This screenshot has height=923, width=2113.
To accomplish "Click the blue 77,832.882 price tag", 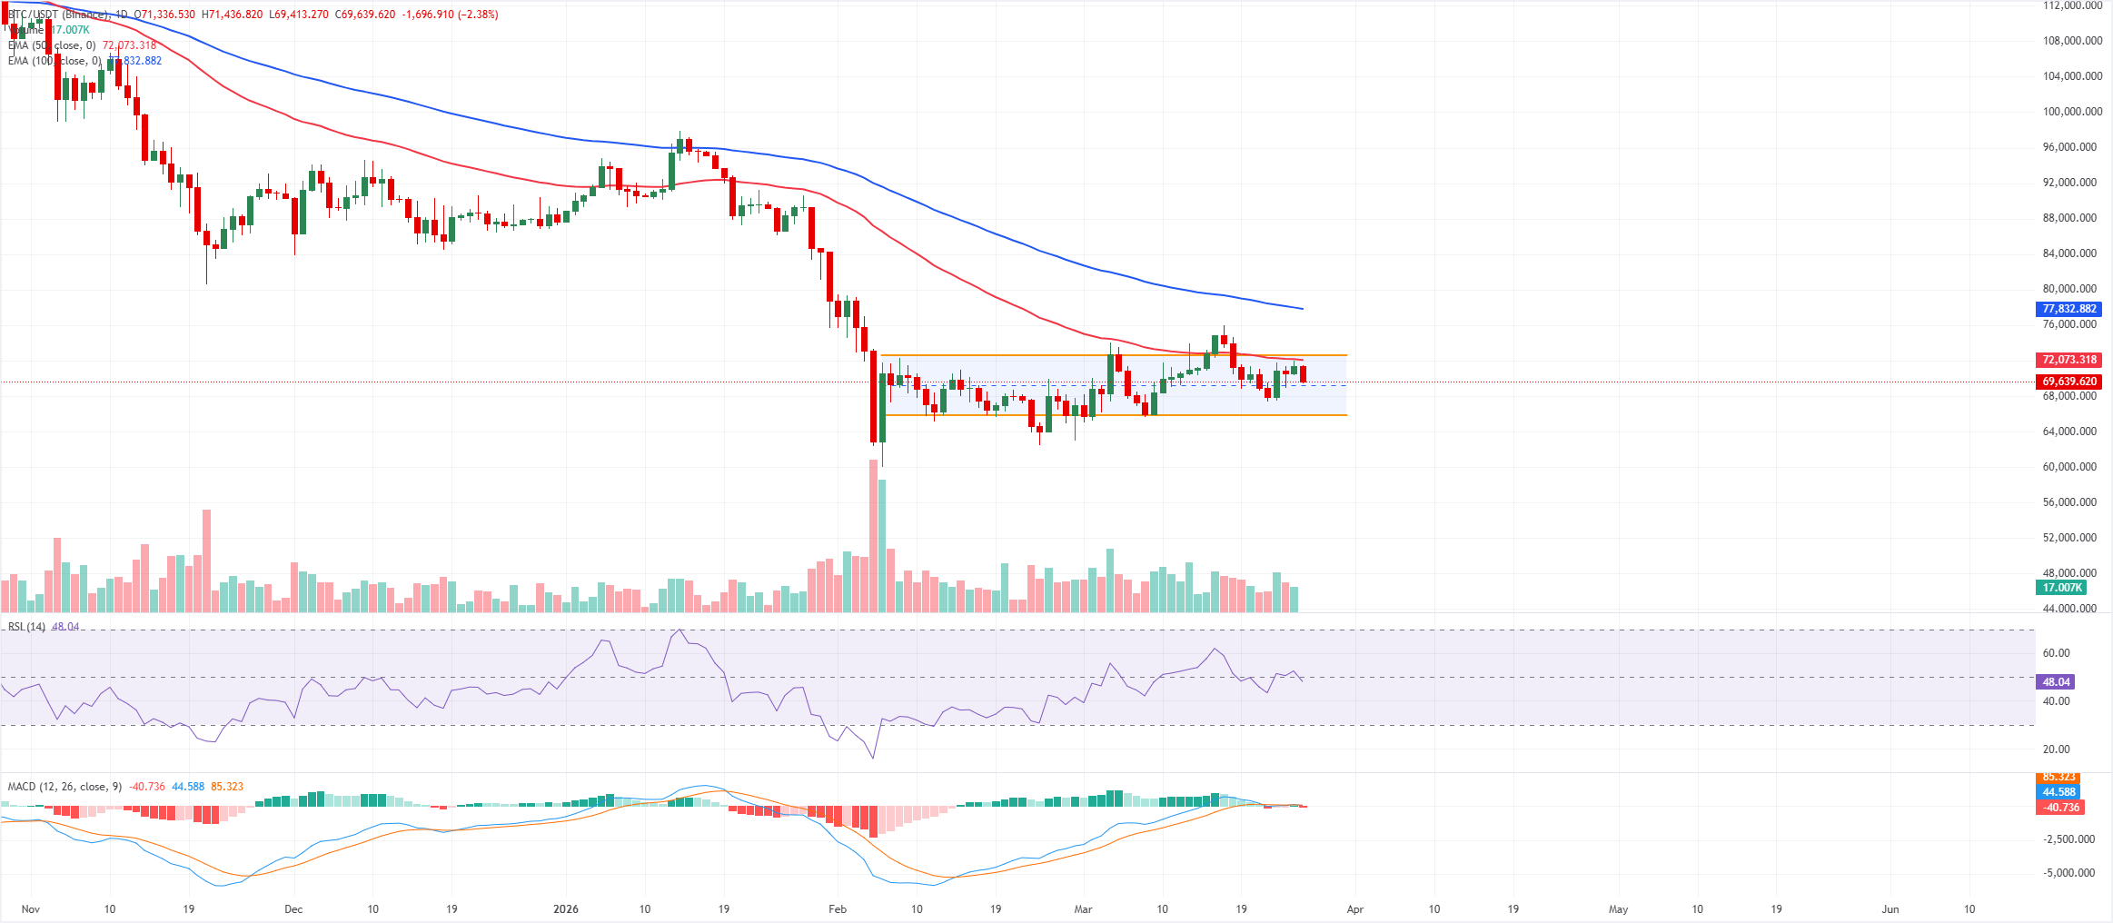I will point(2068,309).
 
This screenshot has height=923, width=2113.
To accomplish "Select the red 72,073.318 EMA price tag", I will point(2068,360).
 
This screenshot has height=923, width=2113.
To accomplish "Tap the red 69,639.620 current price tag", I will point(2068,382).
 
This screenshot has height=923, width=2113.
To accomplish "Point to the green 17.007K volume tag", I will point(2060,588).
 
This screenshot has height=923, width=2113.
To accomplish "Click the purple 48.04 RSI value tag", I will point(2056,682).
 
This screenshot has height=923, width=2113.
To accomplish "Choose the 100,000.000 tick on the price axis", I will point(2072,112).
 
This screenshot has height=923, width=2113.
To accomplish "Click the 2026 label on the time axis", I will point(566,909).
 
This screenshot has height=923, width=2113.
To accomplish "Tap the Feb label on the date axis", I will point(838,909).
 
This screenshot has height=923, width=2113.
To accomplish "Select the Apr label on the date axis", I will point(1354,909).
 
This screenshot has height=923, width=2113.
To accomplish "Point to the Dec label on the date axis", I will point(293,909).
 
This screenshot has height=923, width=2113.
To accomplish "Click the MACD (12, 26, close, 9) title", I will point(64,787).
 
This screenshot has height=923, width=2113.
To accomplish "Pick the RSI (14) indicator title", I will point(26,627).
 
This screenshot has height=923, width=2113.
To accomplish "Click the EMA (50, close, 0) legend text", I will point(52,45).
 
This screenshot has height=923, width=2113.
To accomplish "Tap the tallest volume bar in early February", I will point(874,536).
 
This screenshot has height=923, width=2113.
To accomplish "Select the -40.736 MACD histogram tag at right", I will point(2060,808).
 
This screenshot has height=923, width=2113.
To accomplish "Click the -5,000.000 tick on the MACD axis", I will point(2069,873).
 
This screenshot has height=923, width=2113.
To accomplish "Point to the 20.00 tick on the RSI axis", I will point(2057,749).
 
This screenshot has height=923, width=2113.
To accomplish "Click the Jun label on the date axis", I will point(1890,909).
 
